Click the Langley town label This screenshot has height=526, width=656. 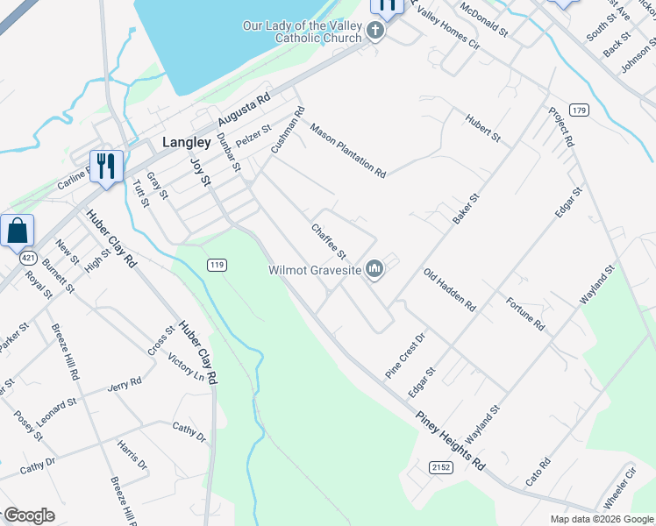click(x=187, y=142)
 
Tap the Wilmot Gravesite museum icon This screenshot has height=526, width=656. click(x=374, y=268)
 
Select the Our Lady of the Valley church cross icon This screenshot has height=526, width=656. click(x=374, y=33)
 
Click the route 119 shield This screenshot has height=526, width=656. click(x=217, y=264)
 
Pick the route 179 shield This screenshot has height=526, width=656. click(x=578, y=110)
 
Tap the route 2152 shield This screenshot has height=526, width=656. click(x=440, y=468)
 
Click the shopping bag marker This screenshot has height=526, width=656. click(x=18, y=232)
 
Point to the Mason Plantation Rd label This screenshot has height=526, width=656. click(x=347, y=150)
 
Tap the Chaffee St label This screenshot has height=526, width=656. click(x=330, y=241)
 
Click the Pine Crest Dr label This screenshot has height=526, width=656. click(x=404, y=355)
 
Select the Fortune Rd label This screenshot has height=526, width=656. click(x=525, y=314)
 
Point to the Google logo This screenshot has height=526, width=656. click(x=29, y=515)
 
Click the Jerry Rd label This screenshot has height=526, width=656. click(x=124, y=386)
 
